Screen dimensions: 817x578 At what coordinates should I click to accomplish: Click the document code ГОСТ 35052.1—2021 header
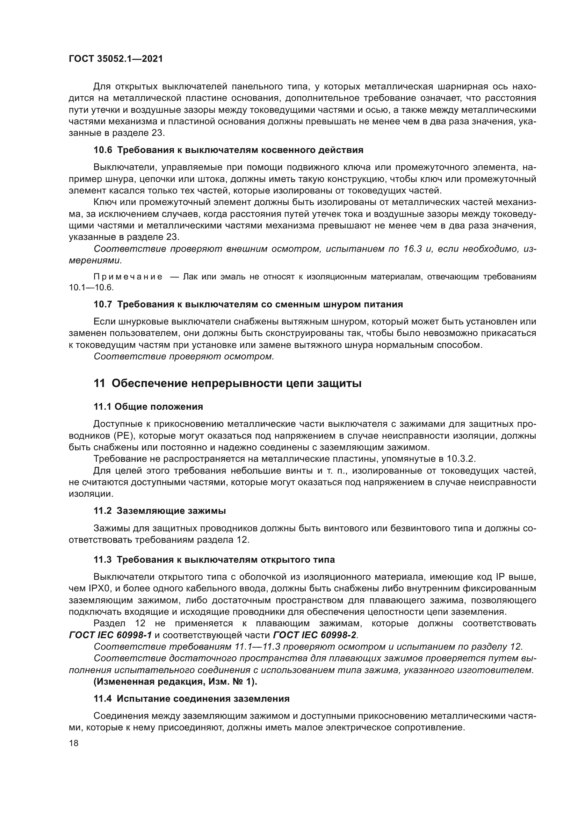(116, 59)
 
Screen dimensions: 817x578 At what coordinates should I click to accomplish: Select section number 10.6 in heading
(102, 150)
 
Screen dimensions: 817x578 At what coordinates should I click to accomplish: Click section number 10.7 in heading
(102, 304)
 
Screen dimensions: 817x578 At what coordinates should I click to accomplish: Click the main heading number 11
(99, 384)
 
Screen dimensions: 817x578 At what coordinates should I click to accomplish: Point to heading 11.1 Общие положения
(148, 407)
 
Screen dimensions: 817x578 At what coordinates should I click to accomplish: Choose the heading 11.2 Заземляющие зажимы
(159, 511)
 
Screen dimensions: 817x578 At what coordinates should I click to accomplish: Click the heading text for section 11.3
(226, 560)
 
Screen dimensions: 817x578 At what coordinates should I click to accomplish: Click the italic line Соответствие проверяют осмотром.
(184, 357)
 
